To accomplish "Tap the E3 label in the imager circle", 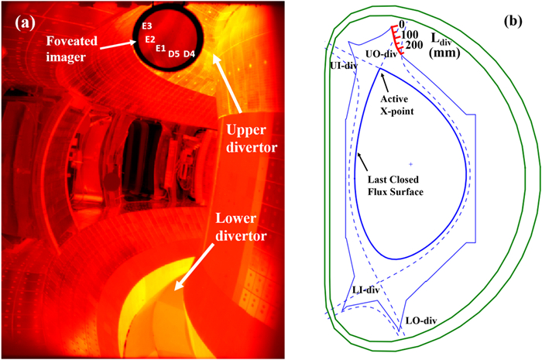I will pyautogui.click(x=147, y=27).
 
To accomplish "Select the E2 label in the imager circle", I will pyautogui.click(x=150, y=39).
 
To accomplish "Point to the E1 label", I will pyautogui.click(x=161, y=49).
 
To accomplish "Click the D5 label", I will pyautogui.click(x=174, y=53).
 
